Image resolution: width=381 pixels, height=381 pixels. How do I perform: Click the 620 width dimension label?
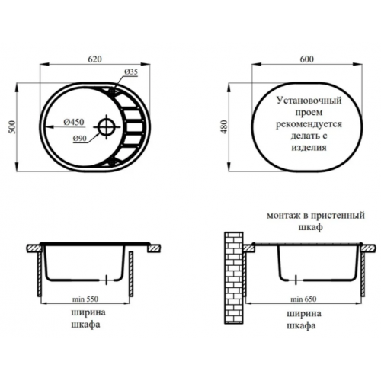[x=94, y=59]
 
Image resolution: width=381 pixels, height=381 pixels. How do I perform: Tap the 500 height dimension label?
[x=12, y=127]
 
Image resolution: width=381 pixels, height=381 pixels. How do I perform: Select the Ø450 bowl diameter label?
[x=74, y=122]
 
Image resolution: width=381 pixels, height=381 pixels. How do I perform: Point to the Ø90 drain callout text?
[x=80, y=139]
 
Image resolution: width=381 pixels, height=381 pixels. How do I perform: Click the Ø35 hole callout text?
[x=131, y=72]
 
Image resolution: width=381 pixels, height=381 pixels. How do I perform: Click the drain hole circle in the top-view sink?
[x=107, y=127]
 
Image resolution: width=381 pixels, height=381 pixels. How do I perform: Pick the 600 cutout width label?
[x=307, y=59]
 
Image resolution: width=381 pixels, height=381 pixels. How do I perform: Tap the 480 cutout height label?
[x=225, y=127]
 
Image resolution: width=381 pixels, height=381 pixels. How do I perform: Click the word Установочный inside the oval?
[x=309, y=101]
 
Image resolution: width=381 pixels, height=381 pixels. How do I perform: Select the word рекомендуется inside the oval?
[x=309, y=124]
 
